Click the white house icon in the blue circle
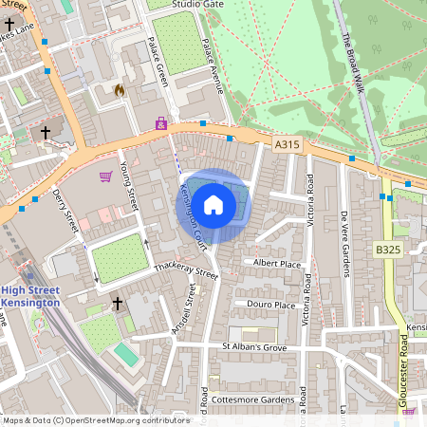click(x=213, y=204)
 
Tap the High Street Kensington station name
click(x=30, y=296)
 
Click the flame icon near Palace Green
click(x=119, y=90)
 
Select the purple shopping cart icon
click(x=105, y=176)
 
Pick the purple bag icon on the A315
click(x=160, y=124)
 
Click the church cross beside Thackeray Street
click(x=118, y=303)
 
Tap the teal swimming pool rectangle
click(x=125, y=354)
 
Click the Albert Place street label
click(x=277, y=262)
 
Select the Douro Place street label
click(x=270, y=305)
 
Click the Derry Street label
click(x=65, y=209)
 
